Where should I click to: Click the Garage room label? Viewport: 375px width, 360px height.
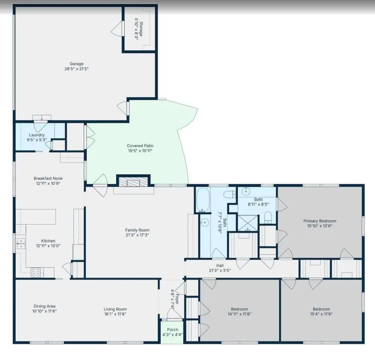coord(73,64)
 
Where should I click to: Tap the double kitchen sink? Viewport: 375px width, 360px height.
coord(21,243)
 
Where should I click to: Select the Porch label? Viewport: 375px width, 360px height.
coord(172,330)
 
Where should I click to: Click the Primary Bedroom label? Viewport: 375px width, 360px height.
coord(320,221)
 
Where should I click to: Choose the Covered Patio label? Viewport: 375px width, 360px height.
coord(140,146)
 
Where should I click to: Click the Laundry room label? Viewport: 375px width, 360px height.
coord(37,135)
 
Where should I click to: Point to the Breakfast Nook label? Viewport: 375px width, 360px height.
coord(48,178)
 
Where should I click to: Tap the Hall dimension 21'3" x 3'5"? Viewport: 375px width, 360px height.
coord(220,270)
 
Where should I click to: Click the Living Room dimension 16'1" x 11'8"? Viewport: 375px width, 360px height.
coord(115,314)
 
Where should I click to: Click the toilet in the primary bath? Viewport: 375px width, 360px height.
coord(268,216)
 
